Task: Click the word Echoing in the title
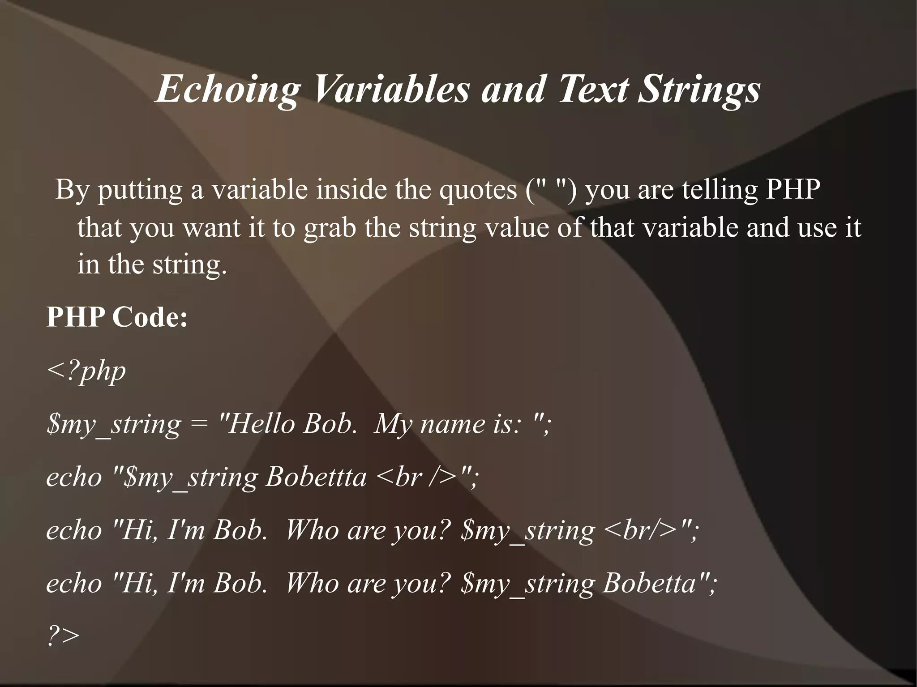click(x=227, y=89)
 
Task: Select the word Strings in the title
click(x=699, y=89)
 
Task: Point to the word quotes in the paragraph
click(x=478, y=190)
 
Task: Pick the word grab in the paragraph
click(x=330, y=228)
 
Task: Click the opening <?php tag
click(x=86, y=371)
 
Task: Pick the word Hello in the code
click(x=259, y=423)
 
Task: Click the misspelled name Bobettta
click(x=316, y=477)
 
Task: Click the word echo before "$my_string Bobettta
click(x=74, y=477)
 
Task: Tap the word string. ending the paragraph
click(x=189, y=265)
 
